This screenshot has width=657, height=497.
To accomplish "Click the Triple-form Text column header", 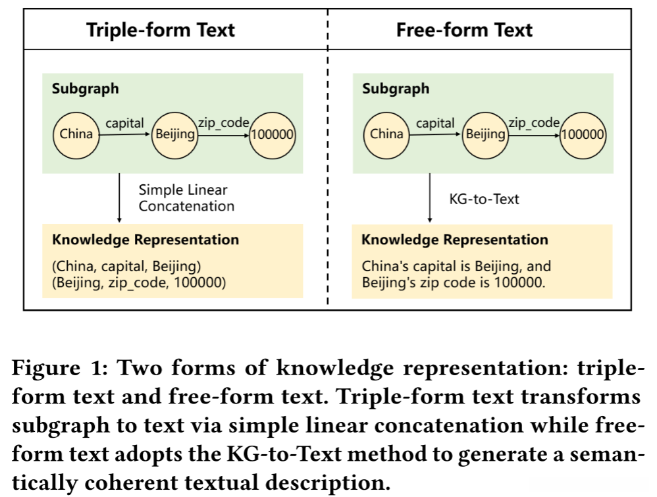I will (x=160, y=30).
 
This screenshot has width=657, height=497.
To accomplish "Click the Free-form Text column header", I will (x=464, y=30).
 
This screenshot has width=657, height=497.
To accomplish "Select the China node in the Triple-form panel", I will (x=76, y=134).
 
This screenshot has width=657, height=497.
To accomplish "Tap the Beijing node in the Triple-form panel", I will (x=174, y=134).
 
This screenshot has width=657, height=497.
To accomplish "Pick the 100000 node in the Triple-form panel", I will (x=273, y=134).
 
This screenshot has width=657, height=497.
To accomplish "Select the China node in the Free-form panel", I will (x=386, y=134).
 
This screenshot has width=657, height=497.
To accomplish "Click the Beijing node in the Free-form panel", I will (x=485, y=134).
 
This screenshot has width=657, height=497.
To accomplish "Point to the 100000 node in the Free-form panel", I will (x=583, y=134).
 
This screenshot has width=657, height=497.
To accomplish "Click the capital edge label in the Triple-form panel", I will (x=125, y=122).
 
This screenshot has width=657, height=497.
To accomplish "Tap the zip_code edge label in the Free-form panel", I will (x=533, y=122).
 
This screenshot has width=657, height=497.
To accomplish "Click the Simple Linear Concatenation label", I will (x=186, y=197).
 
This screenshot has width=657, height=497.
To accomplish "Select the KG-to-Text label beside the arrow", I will (x=484, y=198).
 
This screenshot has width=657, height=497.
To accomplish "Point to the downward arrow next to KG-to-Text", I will (x=430, y=197).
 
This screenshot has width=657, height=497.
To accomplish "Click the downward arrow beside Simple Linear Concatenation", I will (x=119, y=197).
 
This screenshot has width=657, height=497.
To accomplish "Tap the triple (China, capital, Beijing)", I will (x=126, y=267).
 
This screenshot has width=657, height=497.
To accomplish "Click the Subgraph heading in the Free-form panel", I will (x=395, y=89).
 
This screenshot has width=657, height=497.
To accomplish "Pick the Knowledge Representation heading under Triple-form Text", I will (x=145, y=240).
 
